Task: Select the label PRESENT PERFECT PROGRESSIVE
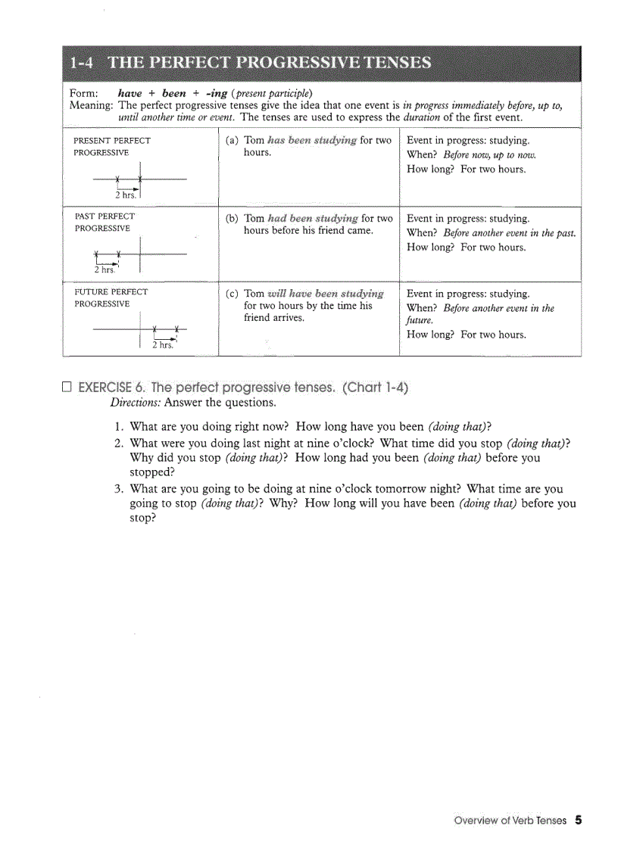point(111,146)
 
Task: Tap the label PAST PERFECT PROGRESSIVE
point(105,222)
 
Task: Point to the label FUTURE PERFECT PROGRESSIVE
point(111,297)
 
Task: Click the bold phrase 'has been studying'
point(311,141)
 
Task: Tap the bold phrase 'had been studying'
point(311,219)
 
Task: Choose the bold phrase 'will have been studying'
point(326,294)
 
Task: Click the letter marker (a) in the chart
point(233,141)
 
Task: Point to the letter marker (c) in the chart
point(233,294)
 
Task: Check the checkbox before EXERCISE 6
point(67,388)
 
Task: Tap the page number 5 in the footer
point(578,820)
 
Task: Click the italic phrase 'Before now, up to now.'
point(489,155)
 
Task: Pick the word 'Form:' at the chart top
point(83,93)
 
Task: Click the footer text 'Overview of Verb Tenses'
point(510,820)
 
